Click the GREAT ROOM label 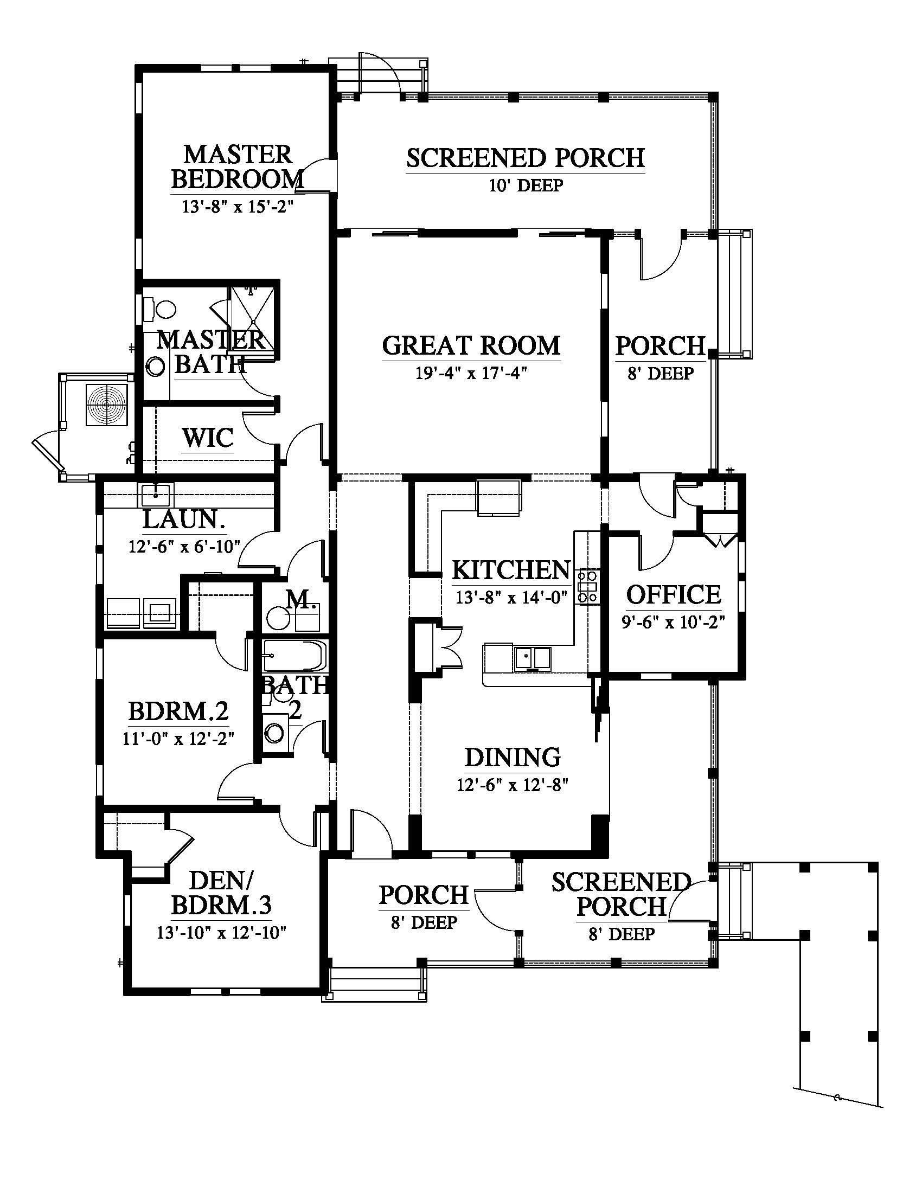tap(471, 345)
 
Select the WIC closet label tap(208, 438)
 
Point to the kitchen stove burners tap(589, 586)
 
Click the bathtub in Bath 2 tap(294, 656)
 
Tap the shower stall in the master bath tap(253, 317)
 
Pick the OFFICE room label tap(674, 595)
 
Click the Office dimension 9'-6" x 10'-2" tap(674, 623)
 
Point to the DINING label tap(513, 757)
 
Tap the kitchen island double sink tap(532, 658)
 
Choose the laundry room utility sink tap(156, 496)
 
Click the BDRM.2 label tap(178, 711)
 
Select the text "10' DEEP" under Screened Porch tap(526, 185)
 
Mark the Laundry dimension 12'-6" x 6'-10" tap(184, 546)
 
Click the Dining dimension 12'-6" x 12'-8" tap(513, 785)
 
